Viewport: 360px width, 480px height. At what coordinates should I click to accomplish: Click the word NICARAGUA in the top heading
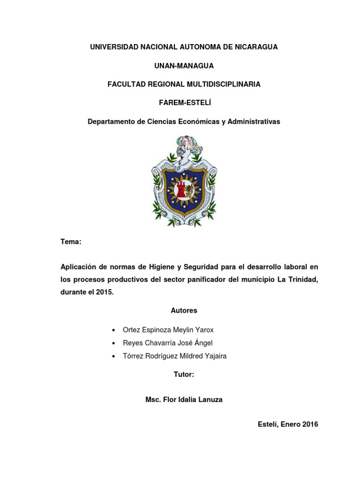pos(254,47)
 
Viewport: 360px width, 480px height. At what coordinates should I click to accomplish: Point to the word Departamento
pos(111,122)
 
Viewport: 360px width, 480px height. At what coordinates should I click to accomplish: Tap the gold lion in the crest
pos(189,190)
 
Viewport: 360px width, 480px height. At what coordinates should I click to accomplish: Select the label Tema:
pos(71,242)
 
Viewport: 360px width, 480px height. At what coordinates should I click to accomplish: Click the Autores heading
pos(184,310)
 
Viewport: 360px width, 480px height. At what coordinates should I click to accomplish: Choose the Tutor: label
pos(184,375)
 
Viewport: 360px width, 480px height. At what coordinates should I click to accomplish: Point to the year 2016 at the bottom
pos(310,425)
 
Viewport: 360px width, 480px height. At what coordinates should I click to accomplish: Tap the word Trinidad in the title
pos(301,279)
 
